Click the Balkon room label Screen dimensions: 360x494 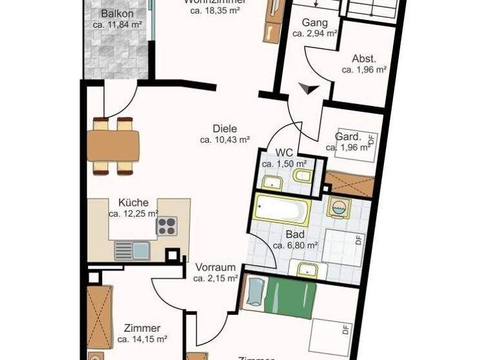coord(116,14)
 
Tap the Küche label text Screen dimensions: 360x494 coord(133,202)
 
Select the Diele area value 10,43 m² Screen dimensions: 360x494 coord(224,139)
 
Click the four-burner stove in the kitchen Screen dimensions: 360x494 coord(167,226)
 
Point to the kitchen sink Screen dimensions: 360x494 coord(132,251)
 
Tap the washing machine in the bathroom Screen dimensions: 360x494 coord(338,208)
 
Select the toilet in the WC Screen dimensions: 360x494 coord(300,175)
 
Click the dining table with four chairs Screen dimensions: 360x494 coord(113,145)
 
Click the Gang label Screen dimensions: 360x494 coord(315,22)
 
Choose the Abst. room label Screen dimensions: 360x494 coord(364,59)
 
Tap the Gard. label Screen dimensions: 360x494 coord(348,137)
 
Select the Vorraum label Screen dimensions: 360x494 coord(215,267)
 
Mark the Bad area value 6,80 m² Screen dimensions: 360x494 coord(295,245)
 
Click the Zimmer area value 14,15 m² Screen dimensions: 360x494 coord(142,339)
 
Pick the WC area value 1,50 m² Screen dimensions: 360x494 coord(284,164)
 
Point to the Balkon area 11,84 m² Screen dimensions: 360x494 coord(116,26)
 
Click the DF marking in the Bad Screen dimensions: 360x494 coord(359,242)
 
